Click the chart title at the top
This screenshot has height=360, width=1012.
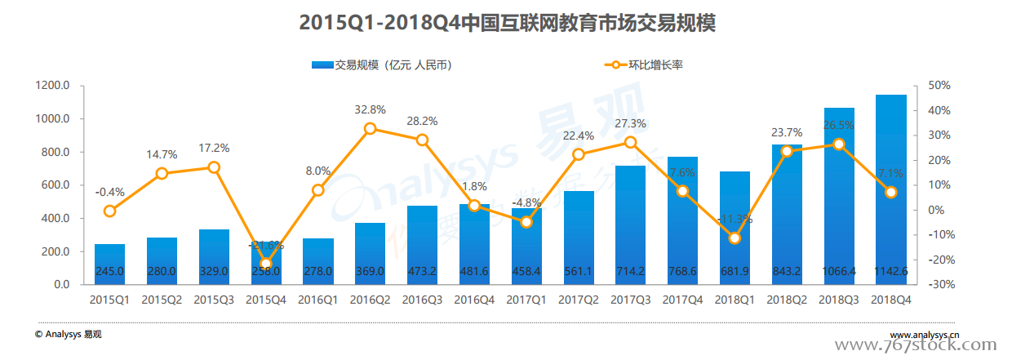pos(506,23)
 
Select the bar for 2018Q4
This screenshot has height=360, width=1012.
pos(891,188)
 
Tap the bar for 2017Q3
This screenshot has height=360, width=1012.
pos(630,224)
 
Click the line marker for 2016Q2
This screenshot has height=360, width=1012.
pos(370,128)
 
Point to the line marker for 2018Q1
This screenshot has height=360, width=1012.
pos(735,238)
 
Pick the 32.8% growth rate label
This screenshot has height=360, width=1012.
pos(370,109)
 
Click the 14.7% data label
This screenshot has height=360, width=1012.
pos(162,154)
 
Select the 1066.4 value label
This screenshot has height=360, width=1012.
pos(839,272)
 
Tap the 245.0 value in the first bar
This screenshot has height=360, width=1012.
pos(109,272)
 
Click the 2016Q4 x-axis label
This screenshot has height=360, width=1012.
pos(474,300)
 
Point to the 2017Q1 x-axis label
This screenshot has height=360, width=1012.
pos(526,300)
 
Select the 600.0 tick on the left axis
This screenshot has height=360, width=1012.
pos(55,185)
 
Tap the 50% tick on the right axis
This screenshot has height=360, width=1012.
pos(939,86)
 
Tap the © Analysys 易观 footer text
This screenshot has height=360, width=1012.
pos(69,335)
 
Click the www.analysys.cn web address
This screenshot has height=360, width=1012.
pos(924,335)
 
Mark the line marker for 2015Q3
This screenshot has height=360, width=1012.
pos(214,167)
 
